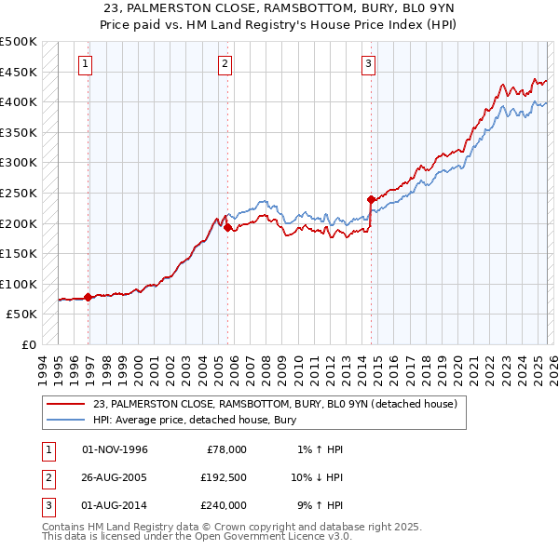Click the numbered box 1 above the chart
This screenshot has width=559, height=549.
(x=85, y=64)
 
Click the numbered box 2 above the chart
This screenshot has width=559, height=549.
(x=225, y=64)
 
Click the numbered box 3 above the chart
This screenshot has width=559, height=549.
(x=368, y=64)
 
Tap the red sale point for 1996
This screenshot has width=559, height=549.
(x=89, y=298)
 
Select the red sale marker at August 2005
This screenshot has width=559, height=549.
(x=228, y=227)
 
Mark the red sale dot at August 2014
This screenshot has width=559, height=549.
(x=371, y=199)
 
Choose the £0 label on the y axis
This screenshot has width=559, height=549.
(x=28, y=344)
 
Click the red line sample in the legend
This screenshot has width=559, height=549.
(x=66, y=404)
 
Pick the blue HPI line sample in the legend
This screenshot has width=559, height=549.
(x=66, y=419)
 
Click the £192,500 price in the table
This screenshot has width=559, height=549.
(x=223, y=477)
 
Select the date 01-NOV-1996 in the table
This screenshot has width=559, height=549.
(x=115, y=449)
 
